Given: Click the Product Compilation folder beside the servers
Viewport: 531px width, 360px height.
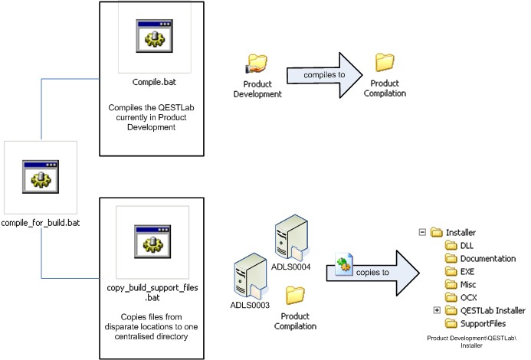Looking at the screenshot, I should click(x=294, y=295).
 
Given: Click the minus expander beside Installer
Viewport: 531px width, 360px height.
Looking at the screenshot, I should click(x=422, y=232).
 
